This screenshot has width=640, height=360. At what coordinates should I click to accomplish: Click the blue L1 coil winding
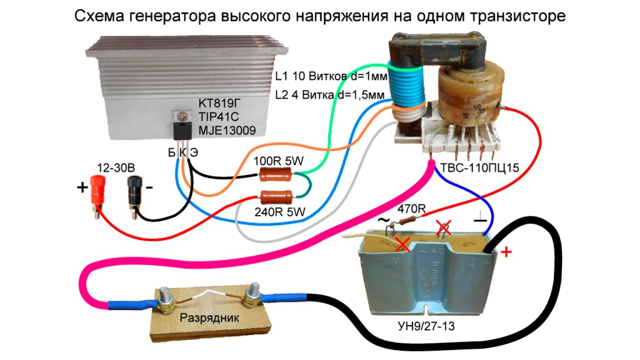pyautogui.click(x=406, y=87)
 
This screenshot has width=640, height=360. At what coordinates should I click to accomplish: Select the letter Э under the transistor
pyautogui.click(x=194, y=152)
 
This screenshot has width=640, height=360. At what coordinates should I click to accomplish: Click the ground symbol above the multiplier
pyautogui.click(x=479, y=220)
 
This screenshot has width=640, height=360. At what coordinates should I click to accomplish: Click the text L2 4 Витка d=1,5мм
pyautogui.click(x=333, y=95)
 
